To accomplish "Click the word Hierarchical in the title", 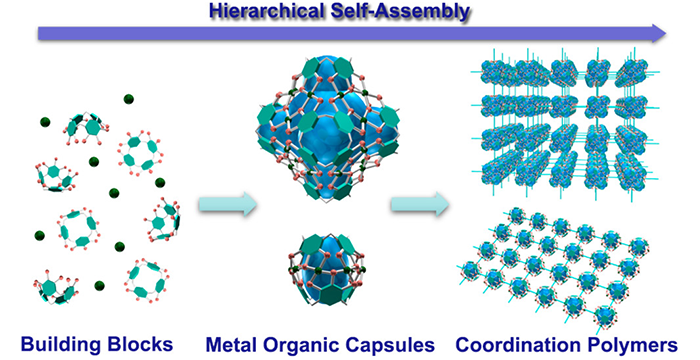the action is click(x=267, y=12).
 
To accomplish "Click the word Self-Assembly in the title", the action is click(x=400, y=12).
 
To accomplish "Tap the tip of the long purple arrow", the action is click(x=666, y=33).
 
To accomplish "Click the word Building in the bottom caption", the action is click(x=61, y=345).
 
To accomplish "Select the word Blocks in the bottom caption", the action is click(x=140, y=344).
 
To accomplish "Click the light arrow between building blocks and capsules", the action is click(x=228, y=205).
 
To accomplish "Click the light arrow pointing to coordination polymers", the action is click(x=420, y=205).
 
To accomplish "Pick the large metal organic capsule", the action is click(x=328, y=130).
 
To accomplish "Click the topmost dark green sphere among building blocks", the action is click(x=129, y=99).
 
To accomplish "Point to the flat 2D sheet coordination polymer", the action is click(x=554, y=267).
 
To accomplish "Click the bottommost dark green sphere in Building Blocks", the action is click(x=100, y=286).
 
